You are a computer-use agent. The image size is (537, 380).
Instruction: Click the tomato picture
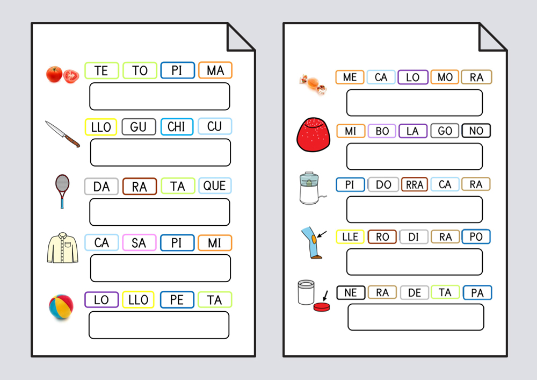[62, 74]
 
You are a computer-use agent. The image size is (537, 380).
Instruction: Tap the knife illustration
[62, 134]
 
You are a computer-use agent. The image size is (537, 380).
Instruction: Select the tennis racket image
[62, 191]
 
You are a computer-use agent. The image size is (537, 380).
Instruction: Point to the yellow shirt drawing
[62, 248]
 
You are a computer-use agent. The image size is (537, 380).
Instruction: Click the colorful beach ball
[61, 306]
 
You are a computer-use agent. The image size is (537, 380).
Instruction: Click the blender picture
[309, 188]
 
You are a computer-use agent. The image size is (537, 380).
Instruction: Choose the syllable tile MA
[215, 70]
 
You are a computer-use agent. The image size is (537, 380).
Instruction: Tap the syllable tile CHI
[177, 127]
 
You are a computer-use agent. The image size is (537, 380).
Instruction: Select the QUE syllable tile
[215, 186]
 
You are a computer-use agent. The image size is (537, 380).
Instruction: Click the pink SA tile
[139, 243]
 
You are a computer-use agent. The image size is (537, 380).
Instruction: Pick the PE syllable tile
[177, 300]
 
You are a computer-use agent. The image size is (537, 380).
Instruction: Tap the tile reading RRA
[414, 184]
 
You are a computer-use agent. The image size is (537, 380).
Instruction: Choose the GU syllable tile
[139, 127]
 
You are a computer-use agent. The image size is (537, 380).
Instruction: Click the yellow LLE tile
[350, 236]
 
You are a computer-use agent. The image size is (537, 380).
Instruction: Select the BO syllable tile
[382, 131]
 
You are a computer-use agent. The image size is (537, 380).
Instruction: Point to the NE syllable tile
[351, 292]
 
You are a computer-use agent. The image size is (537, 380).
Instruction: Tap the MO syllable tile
[445, 77]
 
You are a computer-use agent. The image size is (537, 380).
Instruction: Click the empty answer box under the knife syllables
[160, 153]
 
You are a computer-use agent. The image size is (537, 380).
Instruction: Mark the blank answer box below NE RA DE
[415, 317]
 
